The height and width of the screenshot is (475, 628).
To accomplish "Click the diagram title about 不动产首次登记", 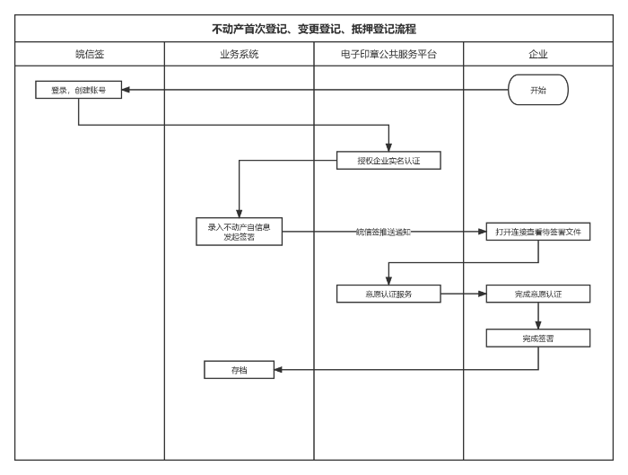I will tap(313, 29).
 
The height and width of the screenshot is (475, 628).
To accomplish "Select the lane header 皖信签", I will tap(90, 54).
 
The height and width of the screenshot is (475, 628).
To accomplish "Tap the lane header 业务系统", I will tap(239, 54).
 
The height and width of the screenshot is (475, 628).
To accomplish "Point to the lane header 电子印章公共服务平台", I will tap(388, 54).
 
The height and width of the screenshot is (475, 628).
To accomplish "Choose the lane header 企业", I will tap(538, 54).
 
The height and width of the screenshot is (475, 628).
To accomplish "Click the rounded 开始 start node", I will tap(537, 90).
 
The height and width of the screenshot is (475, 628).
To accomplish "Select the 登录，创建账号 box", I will tap(79, 90).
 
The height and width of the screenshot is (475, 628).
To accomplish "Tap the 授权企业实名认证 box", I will tap(388, 161).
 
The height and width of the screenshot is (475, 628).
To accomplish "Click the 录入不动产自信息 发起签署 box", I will tap(239, 232).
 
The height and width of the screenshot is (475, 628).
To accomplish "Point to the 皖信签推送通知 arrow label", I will tap(383, 232).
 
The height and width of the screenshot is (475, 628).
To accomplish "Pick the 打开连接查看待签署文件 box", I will tap(538, 232).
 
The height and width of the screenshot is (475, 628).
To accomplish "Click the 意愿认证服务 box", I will tap(388, 294).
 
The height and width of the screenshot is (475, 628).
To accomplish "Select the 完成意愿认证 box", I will tap(538, 294).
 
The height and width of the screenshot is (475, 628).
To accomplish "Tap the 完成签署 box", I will tap(538, 338).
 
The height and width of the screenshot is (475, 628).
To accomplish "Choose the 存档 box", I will tap(239, 369).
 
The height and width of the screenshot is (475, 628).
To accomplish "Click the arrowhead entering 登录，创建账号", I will tap(126, 90).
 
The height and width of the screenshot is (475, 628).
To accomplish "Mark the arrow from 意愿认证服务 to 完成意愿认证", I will tap(463, 294).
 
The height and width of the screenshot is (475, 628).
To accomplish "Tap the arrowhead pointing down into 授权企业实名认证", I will tap(388, 147).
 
